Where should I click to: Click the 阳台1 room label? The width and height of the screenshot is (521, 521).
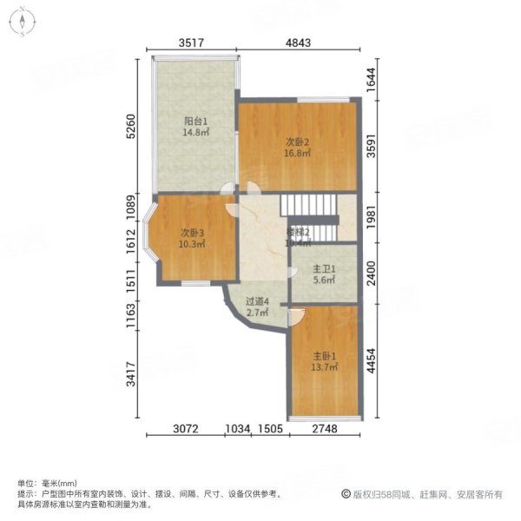[x=195, y=122]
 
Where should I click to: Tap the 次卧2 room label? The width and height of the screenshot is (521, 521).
[x=298, y=142]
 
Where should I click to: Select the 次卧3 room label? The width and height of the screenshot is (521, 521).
[x=192, y=233]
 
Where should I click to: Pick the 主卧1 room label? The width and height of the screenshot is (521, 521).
[x=323, y=355]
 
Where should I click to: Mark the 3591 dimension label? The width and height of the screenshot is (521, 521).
[x=371, y=146]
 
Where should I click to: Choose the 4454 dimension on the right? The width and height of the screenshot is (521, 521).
[x=371, y=359]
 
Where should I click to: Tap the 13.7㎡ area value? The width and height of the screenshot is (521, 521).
[x=323, y=367]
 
